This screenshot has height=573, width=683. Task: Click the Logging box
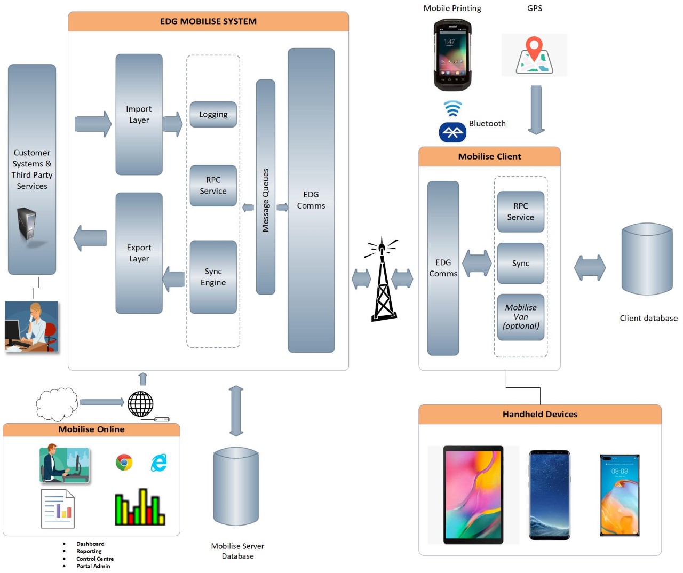pos(213,114)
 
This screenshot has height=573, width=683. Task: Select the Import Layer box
pos(139,114)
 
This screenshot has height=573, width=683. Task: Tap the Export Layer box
pos(139,253)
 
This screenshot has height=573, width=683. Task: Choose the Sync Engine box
pos(213,277)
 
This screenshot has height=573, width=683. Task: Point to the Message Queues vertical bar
pos(265,187)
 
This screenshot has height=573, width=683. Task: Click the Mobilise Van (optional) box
pos(520,317)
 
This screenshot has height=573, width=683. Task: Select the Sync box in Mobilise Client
pos(520,263)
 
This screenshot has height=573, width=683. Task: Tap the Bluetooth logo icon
pos(452,132)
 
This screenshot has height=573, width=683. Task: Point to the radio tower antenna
pos(382,279)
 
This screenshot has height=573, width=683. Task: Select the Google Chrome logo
pos(124,462)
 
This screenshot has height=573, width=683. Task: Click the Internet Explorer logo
pos(159,463)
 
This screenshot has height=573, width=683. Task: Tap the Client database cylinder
pos(647,259)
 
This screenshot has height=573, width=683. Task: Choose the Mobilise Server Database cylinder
pos(236,486)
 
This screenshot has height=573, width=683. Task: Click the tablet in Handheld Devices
pos(473,495)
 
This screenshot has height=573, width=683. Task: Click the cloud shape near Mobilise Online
pos(57,404)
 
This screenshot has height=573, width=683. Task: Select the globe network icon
pos(140,403)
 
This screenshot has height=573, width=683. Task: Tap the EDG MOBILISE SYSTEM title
pos(208,21)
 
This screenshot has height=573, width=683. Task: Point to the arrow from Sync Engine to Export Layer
pos(173,279)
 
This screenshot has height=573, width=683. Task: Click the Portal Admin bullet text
pos(93,566)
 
